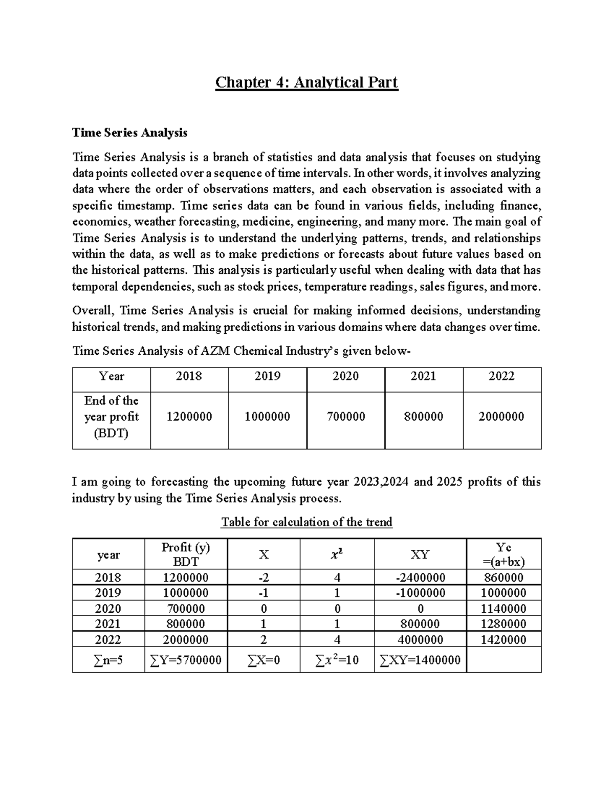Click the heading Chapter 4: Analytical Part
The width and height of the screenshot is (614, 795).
click(x=306, y=82)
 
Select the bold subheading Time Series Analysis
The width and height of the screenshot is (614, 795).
click(x=130, y=133)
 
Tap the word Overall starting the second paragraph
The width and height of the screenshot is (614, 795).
click(x=95, y=311)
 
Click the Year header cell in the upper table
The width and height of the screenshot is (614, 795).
click(x=112, y=377)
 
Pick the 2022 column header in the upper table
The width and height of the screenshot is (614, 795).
click(x=501, y=377)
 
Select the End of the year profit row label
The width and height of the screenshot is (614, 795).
click(x=112, y=417)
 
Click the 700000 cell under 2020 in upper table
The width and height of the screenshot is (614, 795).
click(x=345, y=417)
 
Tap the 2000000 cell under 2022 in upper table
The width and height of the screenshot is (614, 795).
click(x=501, y=417)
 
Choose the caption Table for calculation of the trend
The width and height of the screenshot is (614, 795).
click(x=306, y=522)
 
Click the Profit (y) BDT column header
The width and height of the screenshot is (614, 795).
click(x=186, y=554)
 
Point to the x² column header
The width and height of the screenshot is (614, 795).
click(x=337, y=554)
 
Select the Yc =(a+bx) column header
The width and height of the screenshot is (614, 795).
click(x=503, y=554)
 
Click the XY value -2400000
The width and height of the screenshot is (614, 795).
click(x=420, y=578)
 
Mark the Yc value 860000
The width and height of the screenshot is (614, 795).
click(x=503, y=578)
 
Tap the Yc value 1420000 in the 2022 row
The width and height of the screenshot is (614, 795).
click(x=503, y=640)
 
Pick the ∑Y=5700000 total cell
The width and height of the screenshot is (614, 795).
click(x=186, y=660)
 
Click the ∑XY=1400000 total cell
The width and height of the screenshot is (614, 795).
click(x=420, y=660)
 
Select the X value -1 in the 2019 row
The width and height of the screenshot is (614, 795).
click(x=264, y=593)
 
